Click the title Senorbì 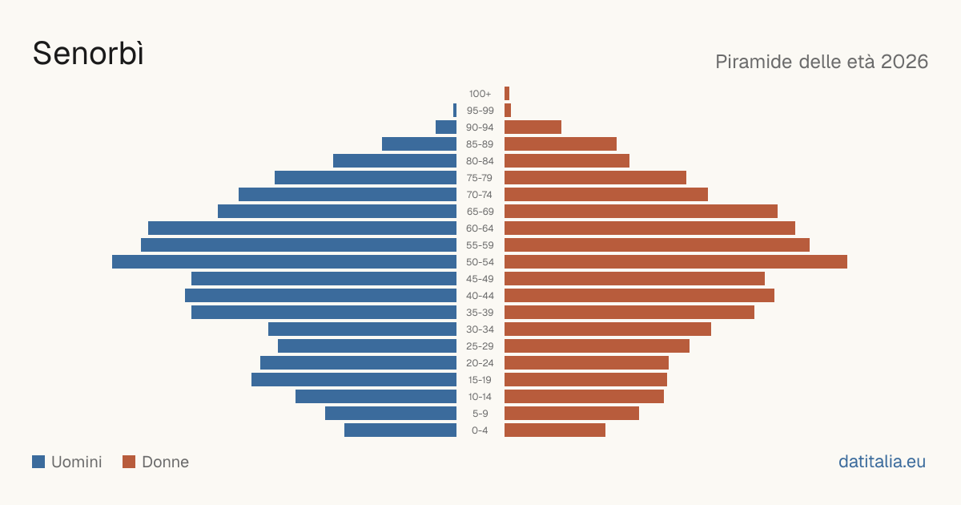click(88, 54)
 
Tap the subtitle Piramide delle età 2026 click(822, 62)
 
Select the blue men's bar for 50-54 click(284, 262)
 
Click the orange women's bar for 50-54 click(676, 262)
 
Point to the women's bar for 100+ click(507, 94)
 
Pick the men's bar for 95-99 click(455, 111)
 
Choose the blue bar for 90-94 click(446, 127)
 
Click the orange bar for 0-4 click(555, 430)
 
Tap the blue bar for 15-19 click(354, 380)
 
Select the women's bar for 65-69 click(641, 212)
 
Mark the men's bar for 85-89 click(419, 143)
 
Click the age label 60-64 click(480, 228)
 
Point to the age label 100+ click(480, 94)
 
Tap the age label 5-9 click(480, 414)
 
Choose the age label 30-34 click(480, 329)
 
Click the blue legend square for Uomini click(38, 462)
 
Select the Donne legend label click(165, 462)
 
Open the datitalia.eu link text click(882, 462)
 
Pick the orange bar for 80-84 click(567, 161)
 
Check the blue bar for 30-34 click(362, 329)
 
